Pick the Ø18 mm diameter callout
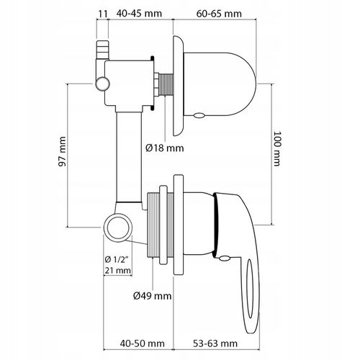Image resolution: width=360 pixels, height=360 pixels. [164, 148]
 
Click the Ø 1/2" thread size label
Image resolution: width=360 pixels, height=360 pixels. [117, 260]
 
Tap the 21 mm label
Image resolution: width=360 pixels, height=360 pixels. [117, 271]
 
